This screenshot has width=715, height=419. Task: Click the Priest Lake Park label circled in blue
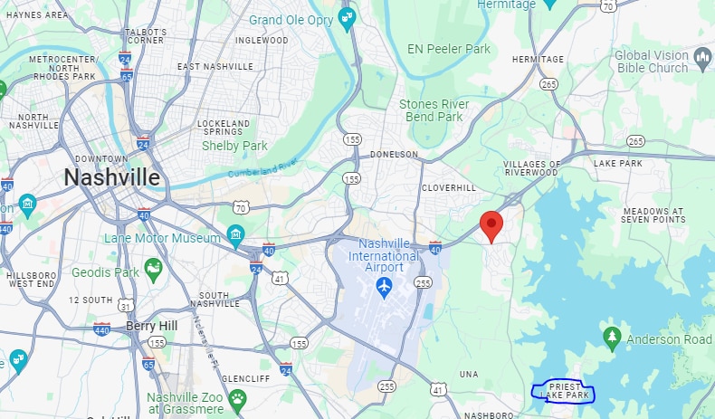point(564,391)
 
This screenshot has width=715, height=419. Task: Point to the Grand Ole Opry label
point(291,20)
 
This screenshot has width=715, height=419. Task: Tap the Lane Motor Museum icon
point(236,238)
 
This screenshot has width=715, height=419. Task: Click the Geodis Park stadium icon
point(154,268)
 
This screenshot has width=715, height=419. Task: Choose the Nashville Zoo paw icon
point(237,398)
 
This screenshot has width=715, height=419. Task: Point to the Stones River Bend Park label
point(431,110)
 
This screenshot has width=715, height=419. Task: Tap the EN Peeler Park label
point(449,49)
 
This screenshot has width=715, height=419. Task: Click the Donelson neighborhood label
point(395,154)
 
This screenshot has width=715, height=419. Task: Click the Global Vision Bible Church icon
point(702,61)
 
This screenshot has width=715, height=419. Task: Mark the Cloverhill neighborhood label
point(448,188)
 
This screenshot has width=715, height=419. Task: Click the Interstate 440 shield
point(101,329)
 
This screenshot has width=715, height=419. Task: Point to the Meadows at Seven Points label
point(653,215)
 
